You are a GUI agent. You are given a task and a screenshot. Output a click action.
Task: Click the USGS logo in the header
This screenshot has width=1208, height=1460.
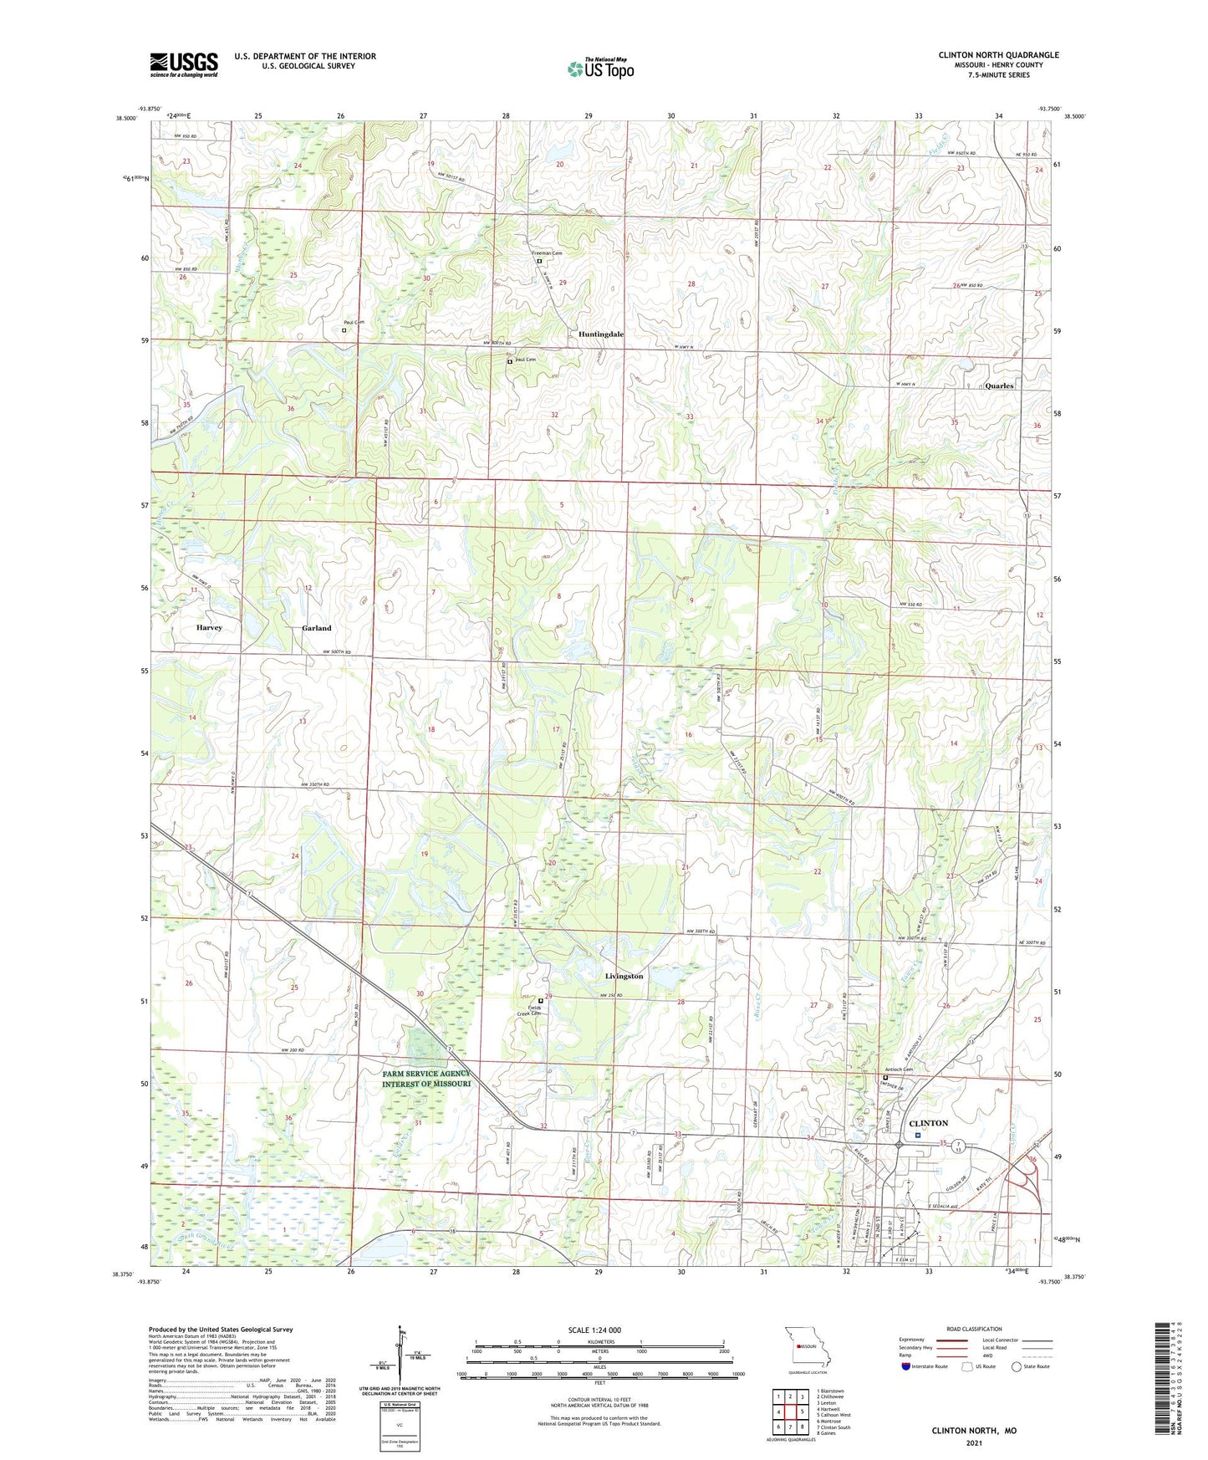pos(184,64)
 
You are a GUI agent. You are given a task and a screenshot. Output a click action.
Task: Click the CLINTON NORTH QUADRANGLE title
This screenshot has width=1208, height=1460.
pos(998,55)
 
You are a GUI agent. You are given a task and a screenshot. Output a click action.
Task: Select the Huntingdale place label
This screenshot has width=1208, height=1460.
pos(601,334)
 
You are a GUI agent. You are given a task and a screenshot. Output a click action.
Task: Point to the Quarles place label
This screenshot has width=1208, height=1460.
pos(999,386)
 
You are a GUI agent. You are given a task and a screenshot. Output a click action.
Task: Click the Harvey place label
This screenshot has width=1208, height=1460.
pos(209,628)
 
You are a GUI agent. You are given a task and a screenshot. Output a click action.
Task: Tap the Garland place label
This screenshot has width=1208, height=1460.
pos(317,628)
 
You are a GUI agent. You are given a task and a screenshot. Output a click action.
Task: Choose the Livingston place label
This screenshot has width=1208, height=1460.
pos(624,977)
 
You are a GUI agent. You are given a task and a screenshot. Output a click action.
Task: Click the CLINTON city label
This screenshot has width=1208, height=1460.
pos(928,1123)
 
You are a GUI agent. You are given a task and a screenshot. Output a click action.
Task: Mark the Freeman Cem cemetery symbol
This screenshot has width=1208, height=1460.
pos(539,261)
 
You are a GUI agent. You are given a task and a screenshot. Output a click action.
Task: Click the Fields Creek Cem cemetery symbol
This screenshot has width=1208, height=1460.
pos(541,1001)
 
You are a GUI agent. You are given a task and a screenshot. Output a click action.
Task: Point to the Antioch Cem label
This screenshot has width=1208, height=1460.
pos(899,1070)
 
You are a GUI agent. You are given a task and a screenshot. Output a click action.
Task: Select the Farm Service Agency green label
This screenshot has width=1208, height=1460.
pos(426,1079)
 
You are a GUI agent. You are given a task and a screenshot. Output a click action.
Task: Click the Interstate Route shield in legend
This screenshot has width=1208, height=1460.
pos(906,1366)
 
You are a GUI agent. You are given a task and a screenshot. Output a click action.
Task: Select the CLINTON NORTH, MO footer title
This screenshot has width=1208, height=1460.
pos(974,1431)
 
